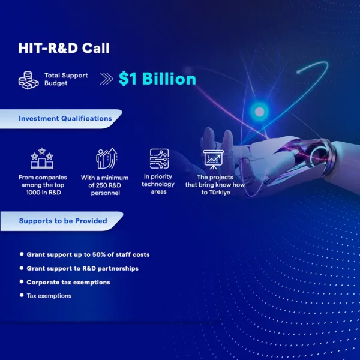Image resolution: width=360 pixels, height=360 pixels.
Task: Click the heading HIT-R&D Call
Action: pyautogui.click(x=64, y=48)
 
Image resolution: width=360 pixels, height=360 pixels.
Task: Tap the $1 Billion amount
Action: pyautogui.click(x=157, y=79)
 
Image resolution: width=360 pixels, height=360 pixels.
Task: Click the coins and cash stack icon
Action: pyautogui.click(x=28, y=80)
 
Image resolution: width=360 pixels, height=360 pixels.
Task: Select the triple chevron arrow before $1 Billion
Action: pyautogui.click(x=107, y=79)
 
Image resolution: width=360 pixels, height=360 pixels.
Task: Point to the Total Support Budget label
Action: pyautogui.click(x=66, y=79)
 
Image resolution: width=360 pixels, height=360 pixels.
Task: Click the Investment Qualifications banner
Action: pyautogui.click(x=61, y=119)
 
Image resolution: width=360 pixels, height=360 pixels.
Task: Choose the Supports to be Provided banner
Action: pyautogui.click(x=62, y=221)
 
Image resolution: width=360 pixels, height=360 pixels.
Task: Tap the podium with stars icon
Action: pyautogui.click(x=42, y=158)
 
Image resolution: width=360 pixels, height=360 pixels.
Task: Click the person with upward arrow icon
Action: pyautogui.click(x=107, y=158)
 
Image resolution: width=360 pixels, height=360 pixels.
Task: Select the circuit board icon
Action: pyautogui.click(x=160, y=158)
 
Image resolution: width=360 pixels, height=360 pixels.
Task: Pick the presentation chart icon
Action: pyautogui.click(x=213, y=160)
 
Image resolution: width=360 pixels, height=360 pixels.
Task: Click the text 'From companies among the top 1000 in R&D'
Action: pyautogui.click(x=43, y=185)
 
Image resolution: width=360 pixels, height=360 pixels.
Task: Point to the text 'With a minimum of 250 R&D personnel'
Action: pyautogui.click(x=104, y=185)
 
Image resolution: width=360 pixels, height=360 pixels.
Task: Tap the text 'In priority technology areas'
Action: pyautogui.click(x=158, y=184)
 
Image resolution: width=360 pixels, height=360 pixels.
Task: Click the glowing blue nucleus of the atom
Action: pyautogui.click(x=260, y=112)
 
